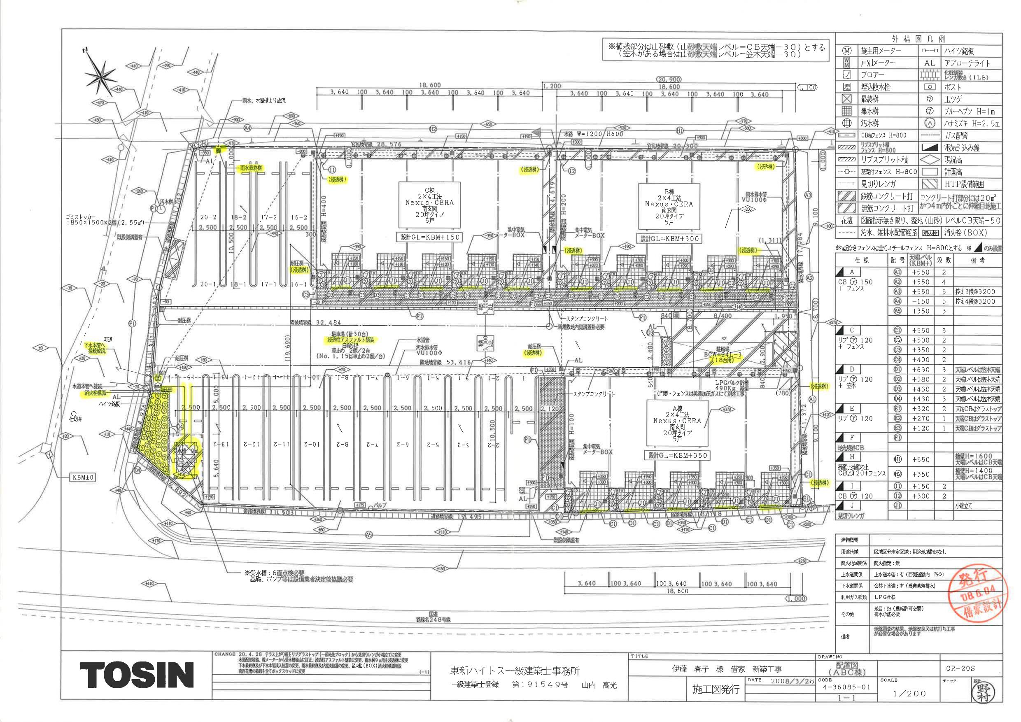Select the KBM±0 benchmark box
tap(83, 477)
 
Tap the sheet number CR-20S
tap(961, 668)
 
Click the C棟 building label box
tap(429, 205)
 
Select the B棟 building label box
tap(669, 207)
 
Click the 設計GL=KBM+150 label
tap(428, 238)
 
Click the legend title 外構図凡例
tap(919, 39)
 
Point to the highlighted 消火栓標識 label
tap(96, 393)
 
